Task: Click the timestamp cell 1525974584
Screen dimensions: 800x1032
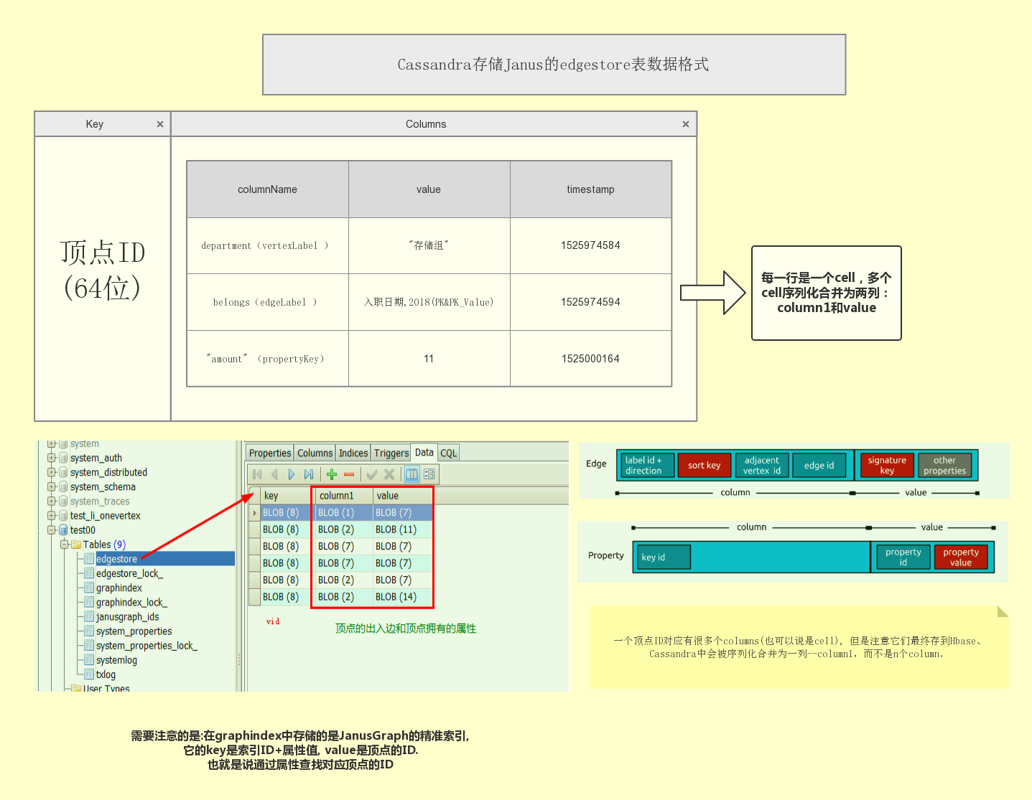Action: point(590,245)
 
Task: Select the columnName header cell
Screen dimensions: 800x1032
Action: point(267,189)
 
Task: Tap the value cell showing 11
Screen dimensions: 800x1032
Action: point(429,359)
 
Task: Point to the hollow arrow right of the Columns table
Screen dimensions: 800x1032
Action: point(713,293)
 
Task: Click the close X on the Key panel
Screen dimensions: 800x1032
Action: point(160,124)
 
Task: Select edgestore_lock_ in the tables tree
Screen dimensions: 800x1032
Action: point(129,573)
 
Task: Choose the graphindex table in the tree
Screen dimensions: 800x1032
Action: point(119,588)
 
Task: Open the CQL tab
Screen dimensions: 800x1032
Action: point(449,453)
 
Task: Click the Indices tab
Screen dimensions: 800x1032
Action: point(353,453)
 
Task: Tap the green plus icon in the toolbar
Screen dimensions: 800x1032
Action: point(332,474)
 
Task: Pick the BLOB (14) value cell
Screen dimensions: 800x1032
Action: point(396,596)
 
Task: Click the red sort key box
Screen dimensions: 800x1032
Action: point(704,466)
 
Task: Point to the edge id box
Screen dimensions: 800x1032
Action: point(819,466)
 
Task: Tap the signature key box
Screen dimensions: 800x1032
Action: point(887,466)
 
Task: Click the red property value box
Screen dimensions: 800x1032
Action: point(961,557)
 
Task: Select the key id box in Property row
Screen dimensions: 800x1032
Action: point(661,557)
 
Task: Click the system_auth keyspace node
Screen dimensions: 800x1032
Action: point(96,458)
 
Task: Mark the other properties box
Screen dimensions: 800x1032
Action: point(944,466)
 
